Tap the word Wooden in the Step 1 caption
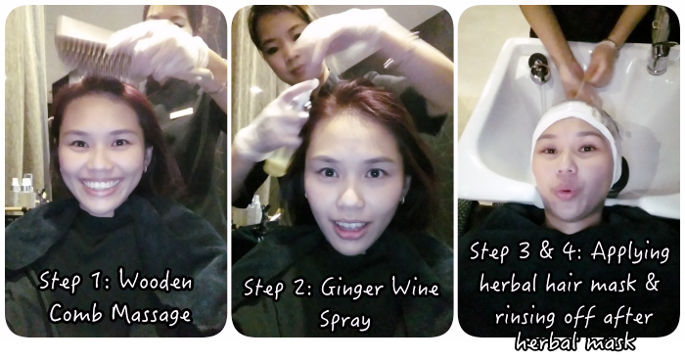(156, 281)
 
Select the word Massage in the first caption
(151, 314)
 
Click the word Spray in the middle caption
(345, 320)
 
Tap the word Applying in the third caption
(630, 253)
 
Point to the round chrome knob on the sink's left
(539, 67)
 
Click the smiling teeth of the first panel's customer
(101, 184)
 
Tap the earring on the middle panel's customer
(402, 200)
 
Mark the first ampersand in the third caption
(547, 250)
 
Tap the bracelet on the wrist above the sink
(611, 42)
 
